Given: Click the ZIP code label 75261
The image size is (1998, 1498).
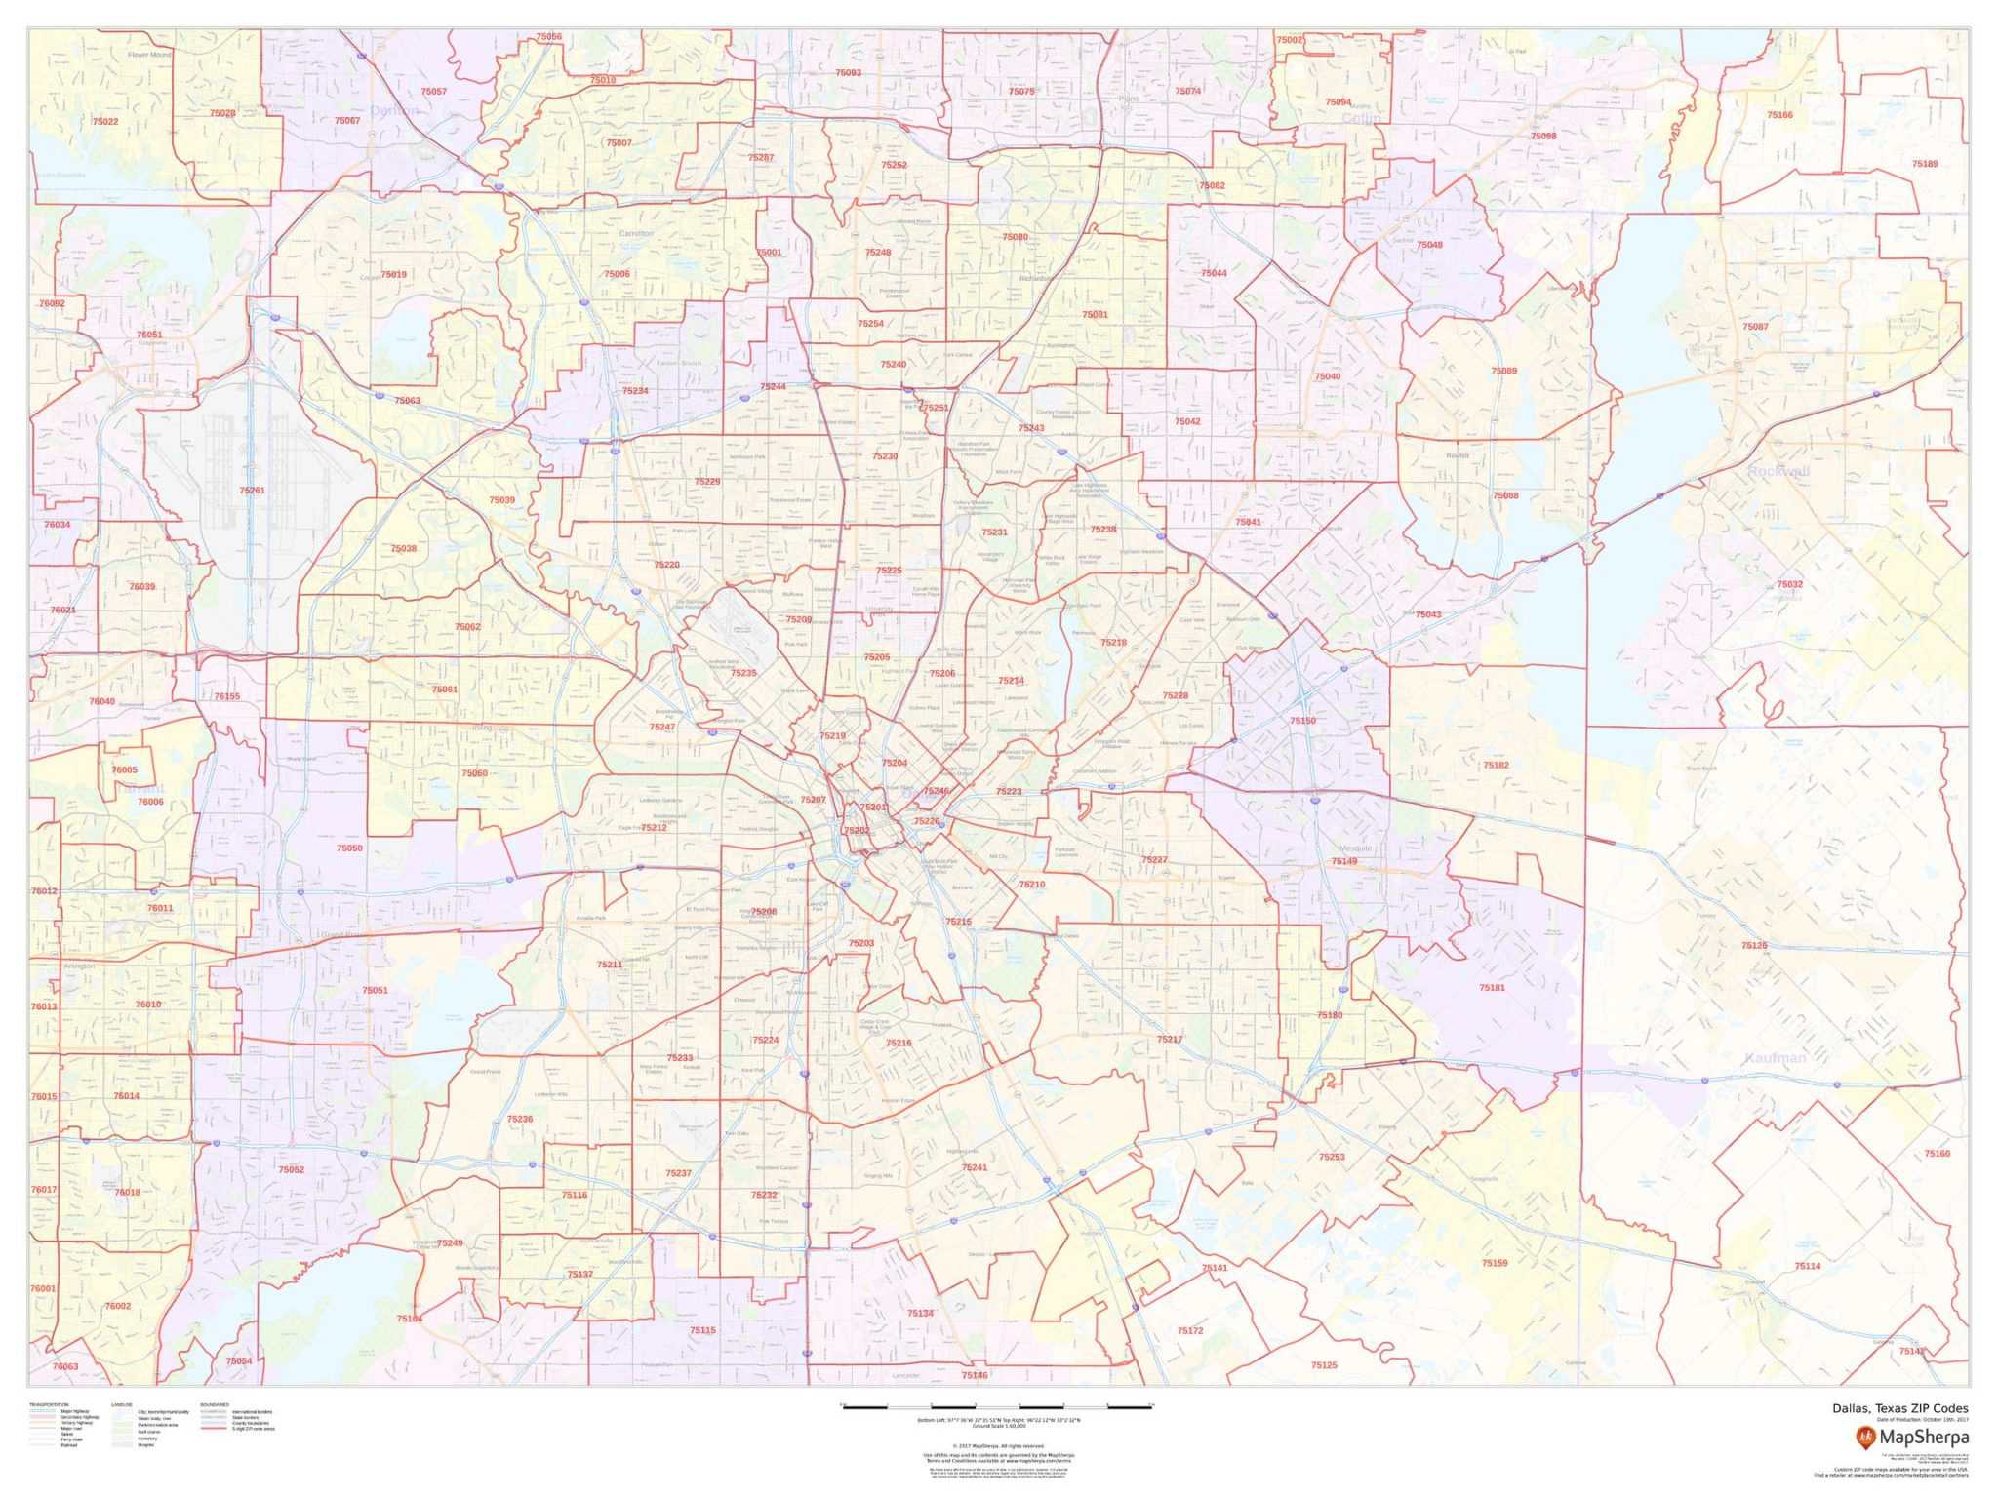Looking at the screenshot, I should coord(252,491).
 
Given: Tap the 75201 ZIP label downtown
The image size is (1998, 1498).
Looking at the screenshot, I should coord(872,808).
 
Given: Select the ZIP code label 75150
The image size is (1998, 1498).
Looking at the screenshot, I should coord(1302,721).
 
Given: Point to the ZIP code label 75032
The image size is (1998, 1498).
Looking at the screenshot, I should coord(1789,584).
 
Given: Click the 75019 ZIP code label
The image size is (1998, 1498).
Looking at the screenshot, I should coord(393,275).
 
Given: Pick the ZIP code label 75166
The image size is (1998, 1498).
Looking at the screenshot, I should coord(1779,115).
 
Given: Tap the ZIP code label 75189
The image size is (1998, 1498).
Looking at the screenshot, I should coord(1925,164).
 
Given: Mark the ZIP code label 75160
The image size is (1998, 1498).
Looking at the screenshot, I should coord(1937,1154).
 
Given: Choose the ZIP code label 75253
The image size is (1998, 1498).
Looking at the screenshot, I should coord(1332,1157).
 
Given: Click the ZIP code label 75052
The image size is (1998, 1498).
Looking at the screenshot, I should coord(291,1169).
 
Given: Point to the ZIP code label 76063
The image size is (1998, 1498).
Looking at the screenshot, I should coord(64,1366).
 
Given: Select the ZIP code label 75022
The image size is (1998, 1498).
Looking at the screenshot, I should coord(105,122).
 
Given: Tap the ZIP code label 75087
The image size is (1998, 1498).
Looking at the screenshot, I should coord(1755,326).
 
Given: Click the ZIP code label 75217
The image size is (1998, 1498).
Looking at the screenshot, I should coord(1170,1040).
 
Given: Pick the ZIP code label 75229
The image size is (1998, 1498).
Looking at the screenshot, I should coord(707,482).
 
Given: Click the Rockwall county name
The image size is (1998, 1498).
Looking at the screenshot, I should coord(1778,472).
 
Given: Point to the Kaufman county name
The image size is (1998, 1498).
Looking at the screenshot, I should coord(1776,1058).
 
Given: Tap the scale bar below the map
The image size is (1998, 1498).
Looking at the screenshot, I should coord(996,1406).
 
